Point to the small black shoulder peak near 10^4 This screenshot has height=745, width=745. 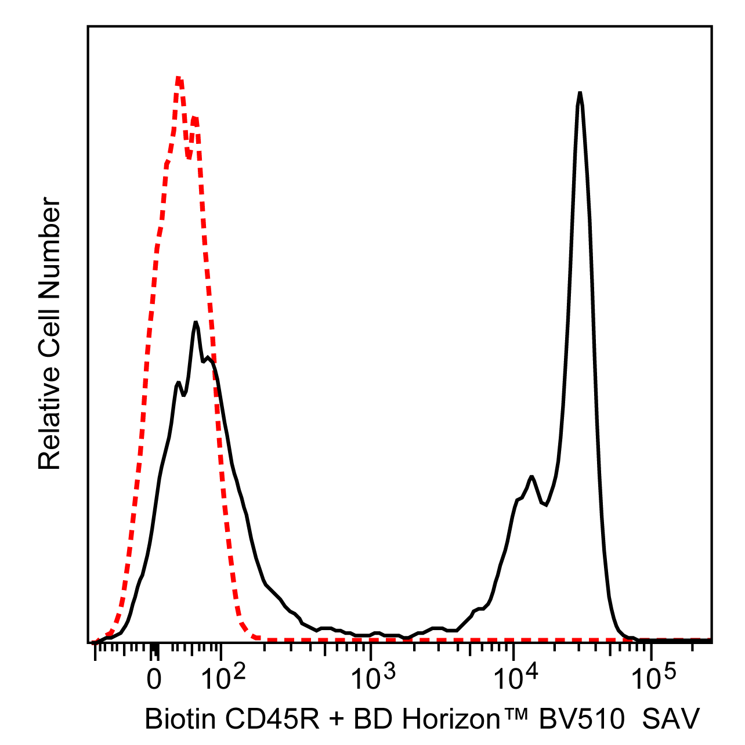click(531, 477)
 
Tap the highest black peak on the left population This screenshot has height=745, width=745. click(196, 323)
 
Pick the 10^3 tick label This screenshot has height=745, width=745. click(372, 678)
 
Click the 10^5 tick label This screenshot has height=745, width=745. click(653, 678)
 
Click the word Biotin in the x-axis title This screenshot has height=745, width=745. click(180, 720)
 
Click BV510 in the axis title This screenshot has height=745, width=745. click(581, 720)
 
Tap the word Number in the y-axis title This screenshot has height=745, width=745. click(50, 243)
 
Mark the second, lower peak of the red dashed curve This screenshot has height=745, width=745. click(196, 118)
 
